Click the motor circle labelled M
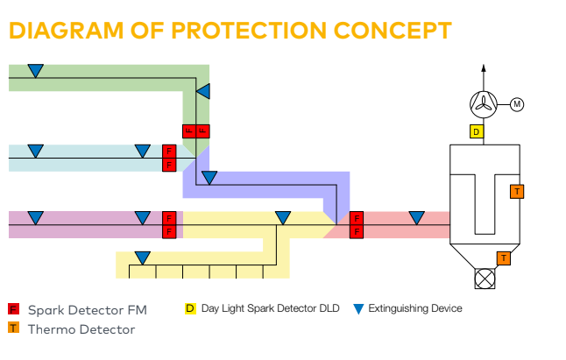pyautogui.click(x=517, y=104)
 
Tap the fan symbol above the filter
pyautogui.click(x=484, y=104)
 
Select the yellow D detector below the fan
pyautogui.click(x=477, y=131)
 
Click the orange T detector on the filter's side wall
pyautogui.click(x=517, y=192)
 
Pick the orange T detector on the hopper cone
pyautogui.click(x=504, y=258)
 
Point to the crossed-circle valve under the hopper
pyautogui.click(x=485, y=279)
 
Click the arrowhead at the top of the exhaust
pyautogui.click(x=484, y=67)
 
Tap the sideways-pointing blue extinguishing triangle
pyautogui.click(x=203, y=91)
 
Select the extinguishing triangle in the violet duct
pyautogui.click(x=209, y=178)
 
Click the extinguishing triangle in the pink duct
pyautogui.click(x=416, y=218)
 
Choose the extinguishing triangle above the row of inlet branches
pyautogui.click(x=143, y=258)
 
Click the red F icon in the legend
pyautogui.click(x=13, y=309)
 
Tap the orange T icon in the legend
pyautogui.click(x=13, y=328)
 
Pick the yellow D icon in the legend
pyautogui.click(x=190, y=309)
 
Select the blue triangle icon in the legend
pyautogui.click(x=358, y=309)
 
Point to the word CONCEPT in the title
pyautogui.click(x=393, y=31)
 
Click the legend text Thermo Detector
pyautogui.click(x=81, y=329)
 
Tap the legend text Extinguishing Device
pyautogui.click(x=415, y=309)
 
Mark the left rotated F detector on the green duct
pyautogui.click(x=189, y=131)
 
